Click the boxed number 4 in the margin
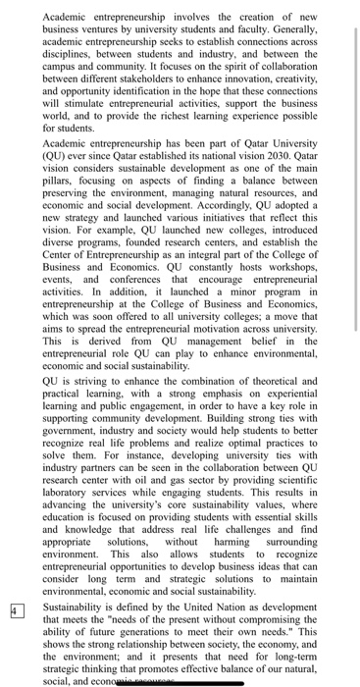15,582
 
